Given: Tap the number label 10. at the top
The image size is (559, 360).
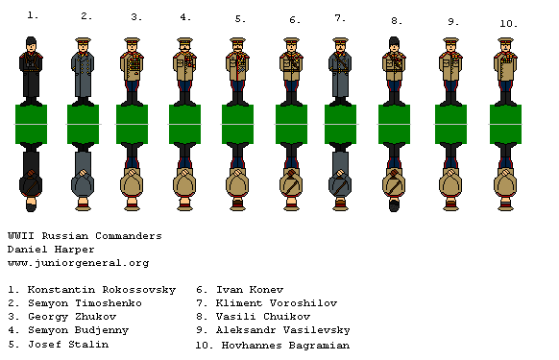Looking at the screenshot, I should click(x=508, y=23).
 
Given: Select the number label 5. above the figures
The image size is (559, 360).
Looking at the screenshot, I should click(x=239, y=18).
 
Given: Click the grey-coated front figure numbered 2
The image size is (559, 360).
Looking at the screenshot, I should click(x=84, y=69).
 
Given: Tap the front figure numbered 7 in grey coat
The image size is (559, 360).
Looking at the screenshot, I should click(x=340, y=69).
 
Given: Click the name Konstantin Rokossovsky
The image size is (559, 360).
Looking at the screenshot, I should click(x=91, y=288).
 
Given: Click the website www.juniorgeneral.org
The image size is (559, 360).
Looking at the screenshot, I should click(x=78, y=262).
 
